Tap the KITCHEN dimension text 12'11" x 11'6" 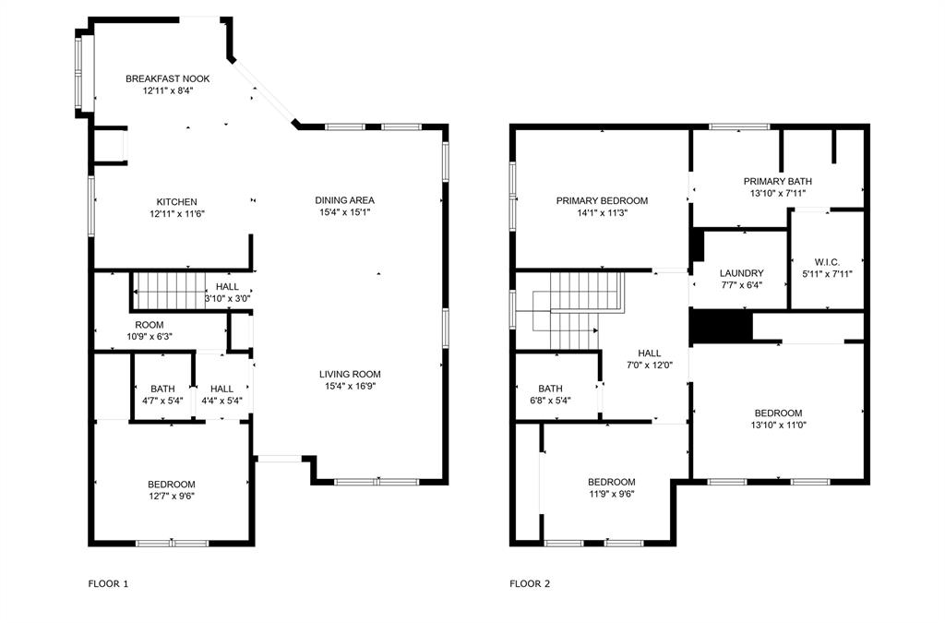[176, 214]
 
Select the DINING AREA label [344, 200]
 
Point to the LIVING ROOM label [350, 374]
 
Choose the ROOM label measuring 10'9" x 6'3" [150, 325]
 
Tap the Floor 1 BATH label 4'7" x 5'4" [161, 389]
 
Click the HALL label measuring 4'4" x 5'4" [221, 389]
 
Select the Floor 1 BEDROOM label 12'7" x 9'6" [172, 485]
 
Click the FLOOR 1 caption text [109, 583]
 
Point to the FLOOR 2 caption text [530, 583]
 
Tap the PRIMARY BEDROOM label [602, 200]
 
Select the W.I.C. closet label [827, 261]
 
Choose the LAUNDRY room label [741, 273]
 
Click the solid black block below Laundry [722, 327]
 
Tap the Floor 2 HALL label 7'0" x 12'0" [650, 353]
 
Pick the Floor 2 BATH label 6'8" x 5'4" [550, 389]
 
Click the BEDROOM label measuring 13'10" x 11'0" [778, 413]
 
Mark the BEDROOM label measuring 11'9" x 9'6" [612, 482]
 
